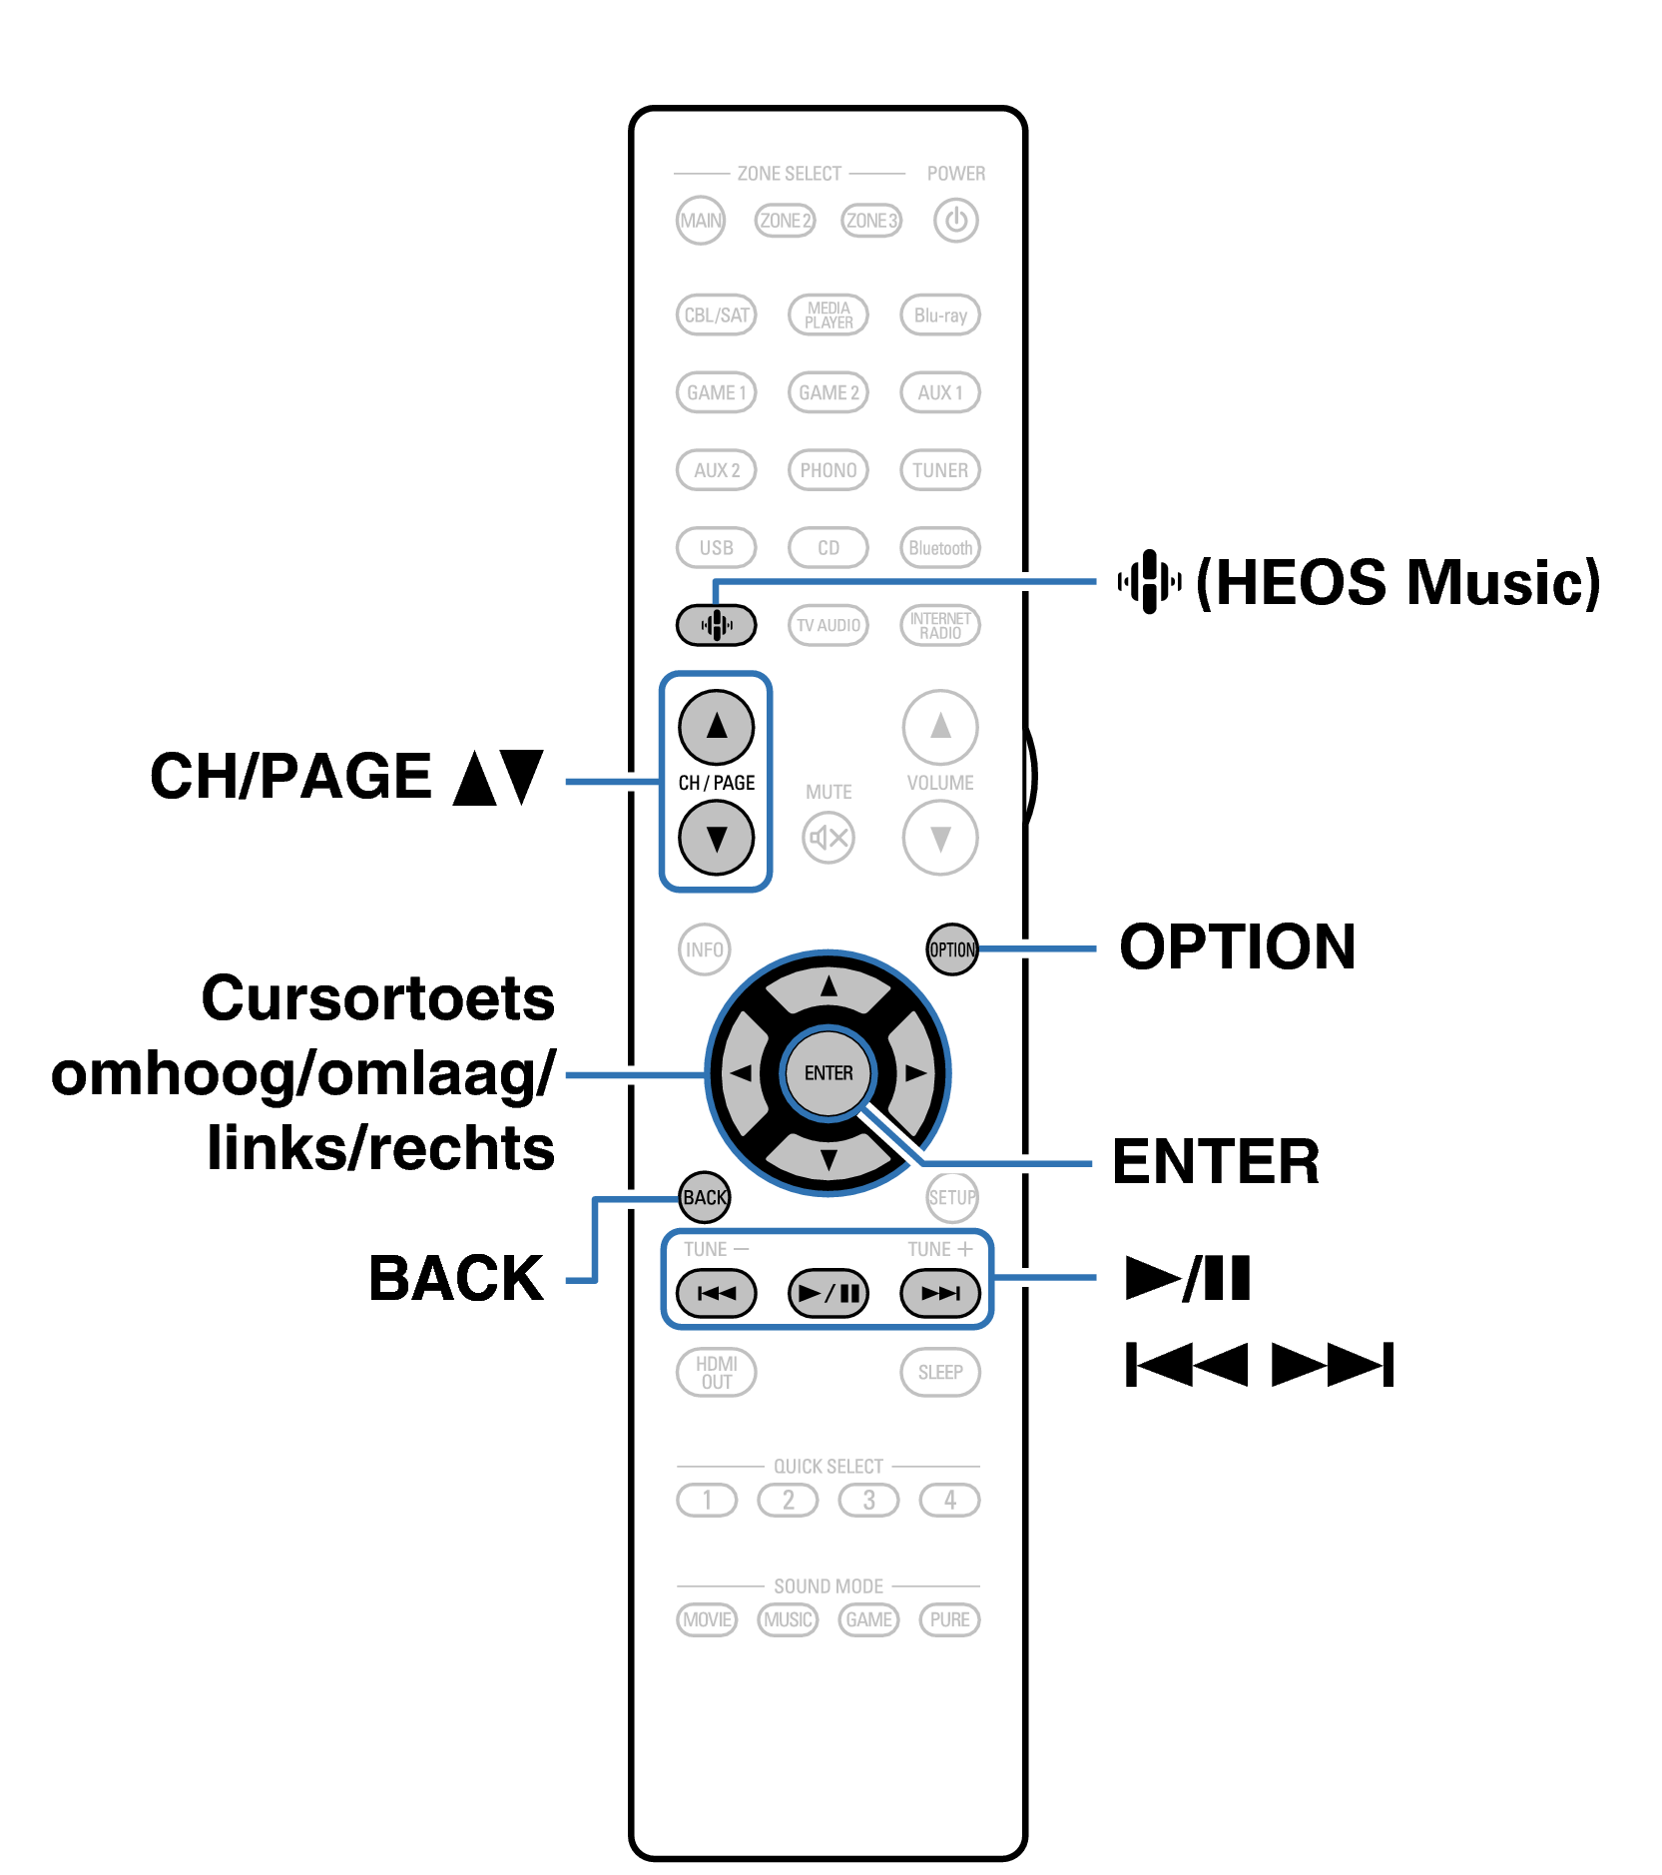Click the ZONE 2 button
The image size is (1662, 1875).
785,221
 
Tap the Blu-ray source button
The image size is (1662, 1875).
939,315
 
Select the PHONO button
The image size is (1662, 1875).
828,470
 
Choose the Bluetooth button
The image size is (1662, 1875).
939,548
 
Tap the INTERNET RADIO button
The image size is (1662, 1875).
939,626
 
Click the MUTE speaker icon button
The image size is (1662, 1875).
828,838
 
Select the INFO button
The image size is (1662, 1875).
704,949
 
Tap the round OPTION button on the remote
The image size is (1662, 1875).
951,949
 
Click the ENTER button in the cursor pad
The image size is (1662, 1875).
829,1073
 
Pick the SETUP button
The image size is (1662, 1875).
951,1197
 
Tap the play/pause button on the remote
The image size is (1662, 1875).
828,1294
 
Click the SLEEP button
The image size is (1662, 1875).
939,1373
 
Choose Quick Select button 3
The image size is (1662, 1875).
868,1500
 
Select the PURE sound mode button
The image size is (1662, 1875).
949,1619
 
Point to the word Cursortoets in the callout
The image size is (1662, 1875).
377,998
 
